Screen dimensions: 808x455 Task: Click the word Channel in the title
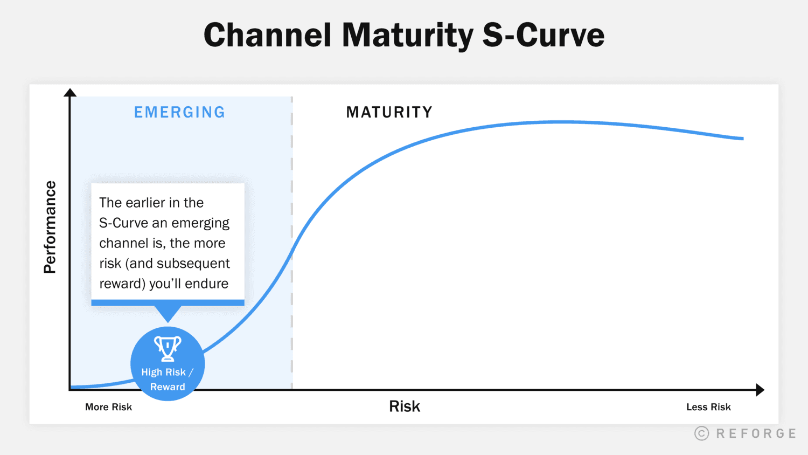(x=267, y=35)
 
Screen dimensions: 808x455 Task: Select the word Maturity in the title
(x=408, y=36)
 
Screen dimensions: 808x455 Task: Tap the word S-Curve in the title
(x=544, y=35)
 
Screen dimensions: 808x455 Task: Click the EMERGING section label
(x=179, y=112)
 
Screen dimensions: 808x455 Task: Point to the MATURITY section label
(x=389, y=112)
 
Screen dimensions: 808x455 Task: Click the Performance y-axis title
(x=50, y=227)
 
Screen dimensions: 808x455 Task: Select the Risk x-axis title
(x=405, y=406)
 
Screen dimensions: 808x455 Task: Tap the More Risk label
(x=109, y=407)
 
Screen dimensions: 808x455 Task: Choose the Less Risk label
(x=708, y=407)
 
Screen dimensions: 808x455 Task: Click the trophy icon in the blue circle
(x=168, y=348)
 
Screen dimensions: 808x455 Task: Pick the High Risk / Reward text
(x=168, y=379)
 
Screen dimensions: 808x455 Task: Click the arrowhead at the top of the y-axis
(x=70, y=92)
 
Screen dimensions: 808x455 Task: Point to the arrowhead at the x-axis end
(x=760, y=390)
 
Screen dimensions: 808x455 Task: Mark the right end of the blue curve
(x=743, y=139)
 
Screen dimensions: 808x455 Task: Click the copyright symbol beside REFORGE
(x=701, y=433)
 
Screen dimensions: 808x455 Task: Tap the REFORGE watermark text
(x=756, y=433)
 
